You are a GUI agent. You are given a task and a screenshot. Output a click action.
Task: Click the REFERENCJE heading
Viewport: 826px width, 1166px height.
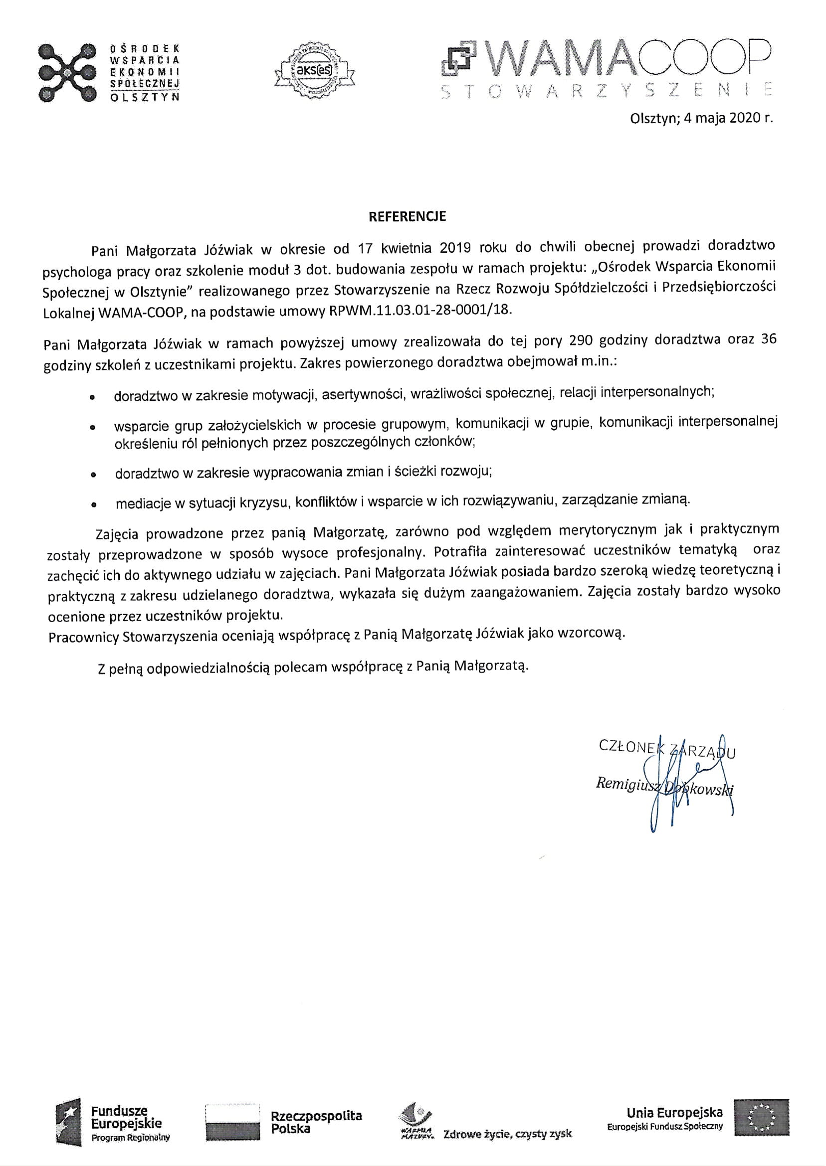[407, 216]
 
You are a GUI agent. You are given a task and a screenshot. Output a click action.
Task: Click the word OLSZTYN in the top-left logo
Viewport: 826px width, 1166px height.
[145, 98]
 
